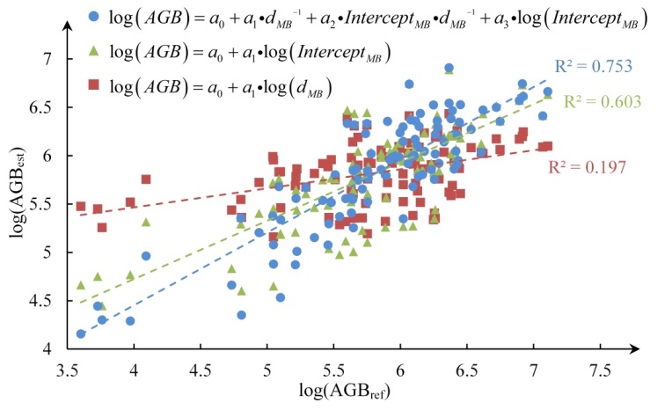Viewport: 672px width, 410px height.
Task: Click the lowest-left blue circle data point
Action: click(x=81, y=333)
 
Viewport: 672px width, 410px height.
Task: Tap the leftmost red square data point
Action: click(x=81, y=207)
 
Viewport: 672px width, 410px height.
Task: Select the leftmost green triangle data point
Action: click(x=81, y=285)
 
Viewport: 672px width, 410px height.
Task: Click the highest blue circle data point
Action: click(x=449, y=68)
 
